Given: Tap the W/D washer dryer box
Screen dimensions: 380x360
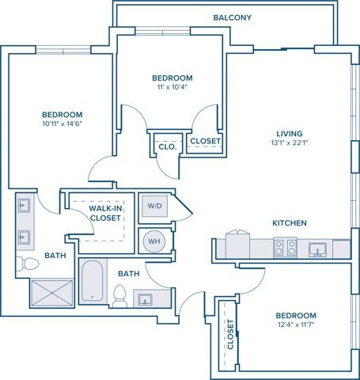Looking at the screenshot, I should point(153,206).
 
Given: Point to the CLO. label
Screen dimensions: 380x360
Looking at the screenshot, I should point(166,146).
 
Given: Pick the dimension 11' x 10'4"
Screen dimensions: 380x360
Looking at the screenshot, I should point(172,88).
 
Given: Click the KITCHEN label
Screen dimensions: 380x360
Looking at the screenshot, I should point(290,223).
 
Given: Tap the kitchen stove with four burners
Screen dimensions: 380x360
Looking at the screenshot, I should point(284,248).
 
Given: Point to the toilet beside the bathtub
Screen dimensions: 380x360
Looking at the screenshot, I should point(120,296).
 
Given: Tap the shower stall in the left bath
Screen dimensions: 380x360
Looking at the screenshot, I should point(51,292).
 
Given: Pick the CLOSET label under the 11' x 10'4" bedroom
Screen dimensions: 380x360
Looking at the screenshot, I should point(205,142).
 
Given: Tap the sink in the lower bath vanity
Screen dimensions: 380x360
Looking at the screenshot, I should point(146,298).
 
